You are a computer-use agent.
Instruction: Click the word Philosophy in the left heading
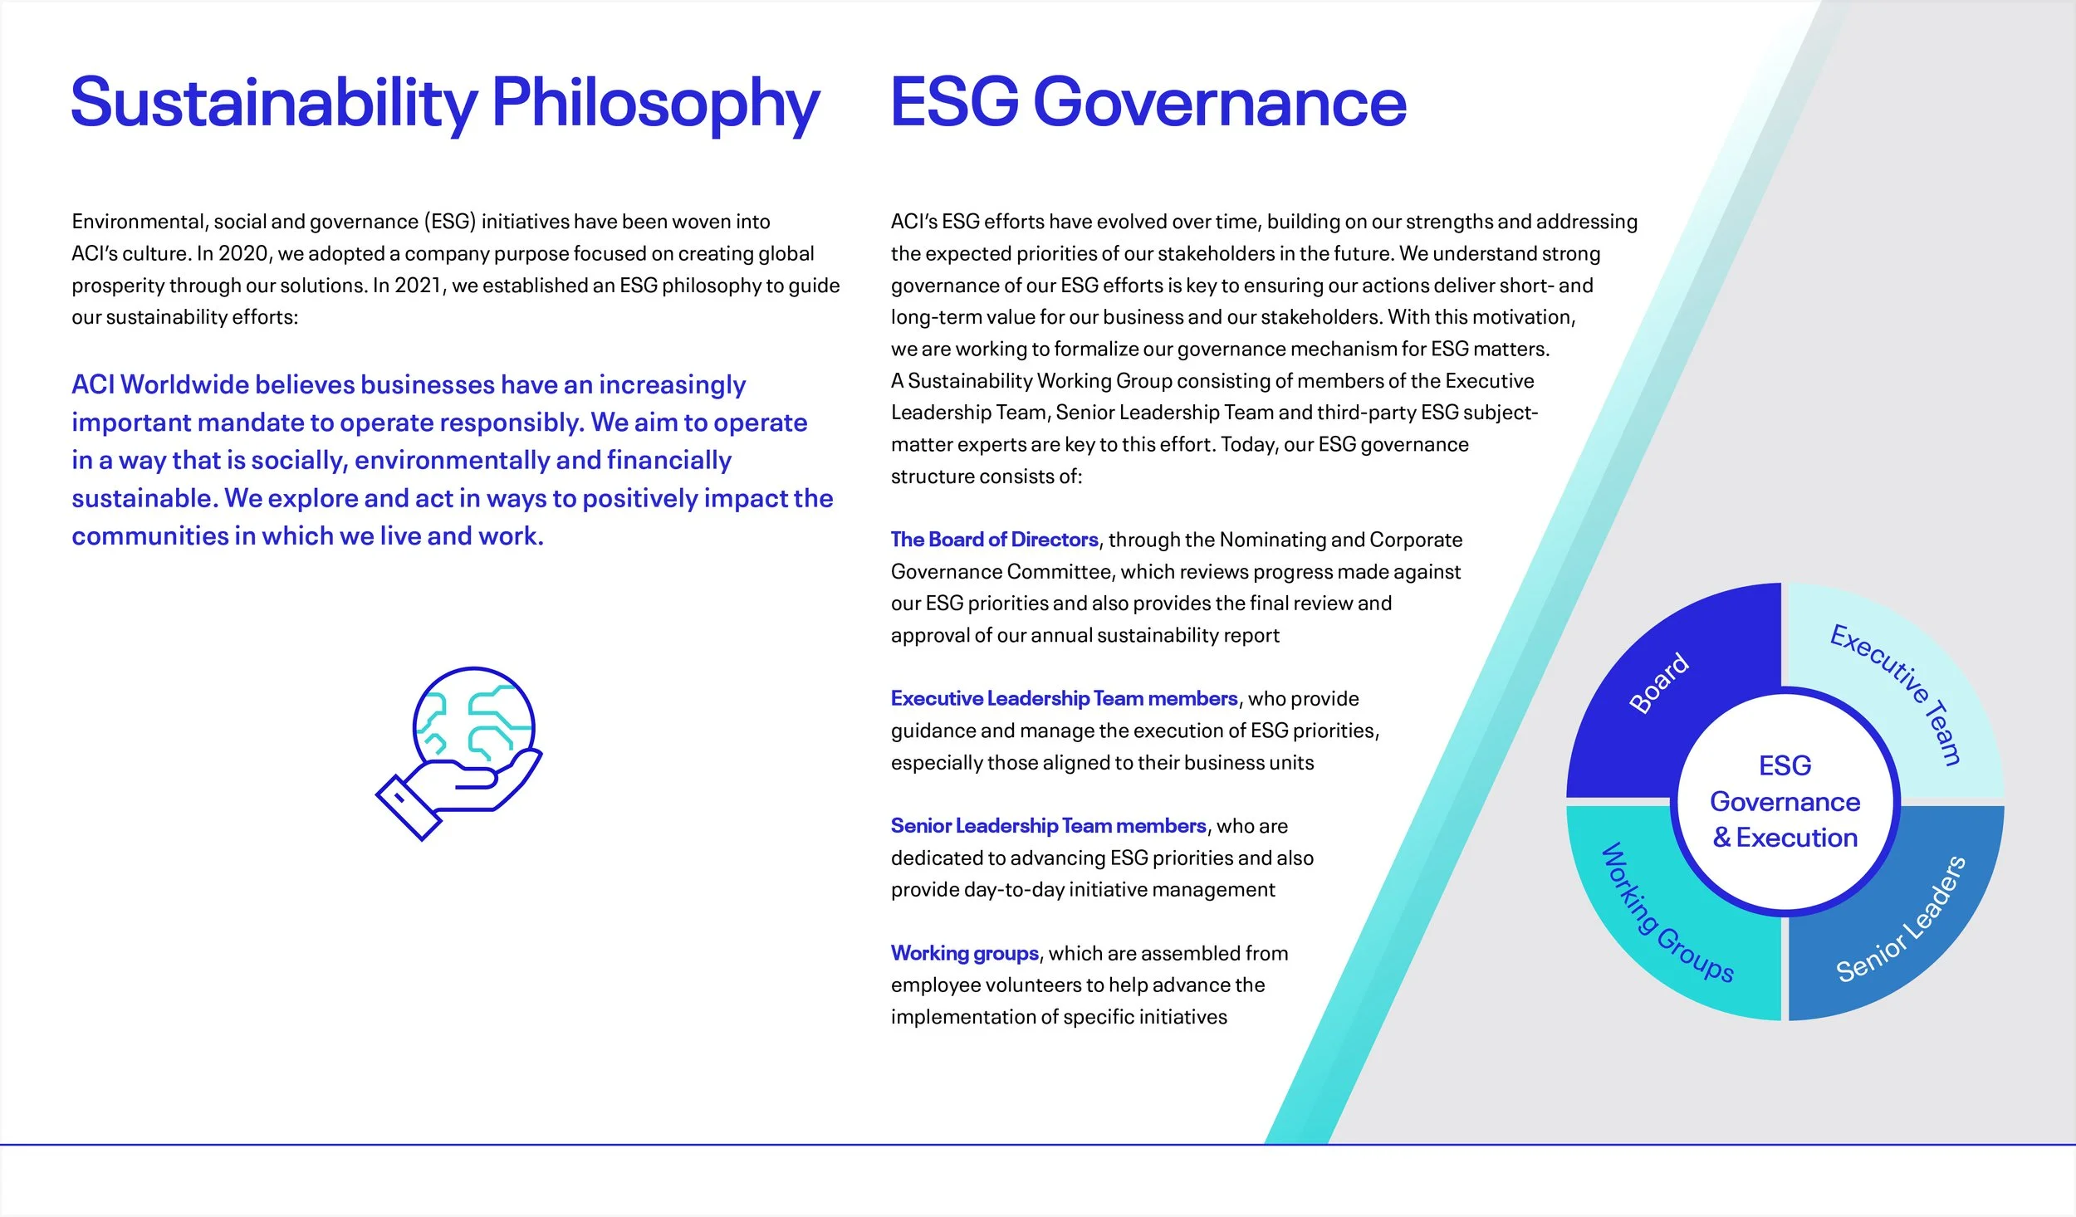pos(655,104)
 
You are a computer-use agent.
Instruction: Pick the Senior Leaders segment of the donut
pos(1910,921)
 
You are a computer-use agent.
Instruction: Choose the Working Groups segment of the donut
pos(1661,921)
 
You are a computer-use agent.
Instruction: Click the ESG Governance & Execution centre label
pos(1785,801)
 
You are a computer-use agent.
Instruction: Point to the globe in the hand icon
pos(474,718)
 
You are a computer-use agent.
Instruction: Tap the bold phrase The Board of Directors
pos(994,540)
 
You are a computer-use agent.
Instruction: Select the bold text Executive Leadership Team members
pos(1064,699)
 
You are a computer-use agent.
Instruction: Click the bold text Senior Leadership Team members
pos(1048,826)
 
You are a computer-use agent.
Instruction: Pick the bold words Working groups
pos(964,953)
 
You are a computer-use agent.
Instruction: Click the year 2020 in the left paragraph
pos(243,253)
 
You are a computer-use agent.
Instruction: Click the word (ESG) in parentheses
pos(450,222)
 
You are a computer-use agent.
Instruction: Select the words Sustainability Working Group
pos(1038,381)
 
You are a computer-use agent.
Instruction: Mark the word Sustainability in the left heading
pos(274,104)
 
